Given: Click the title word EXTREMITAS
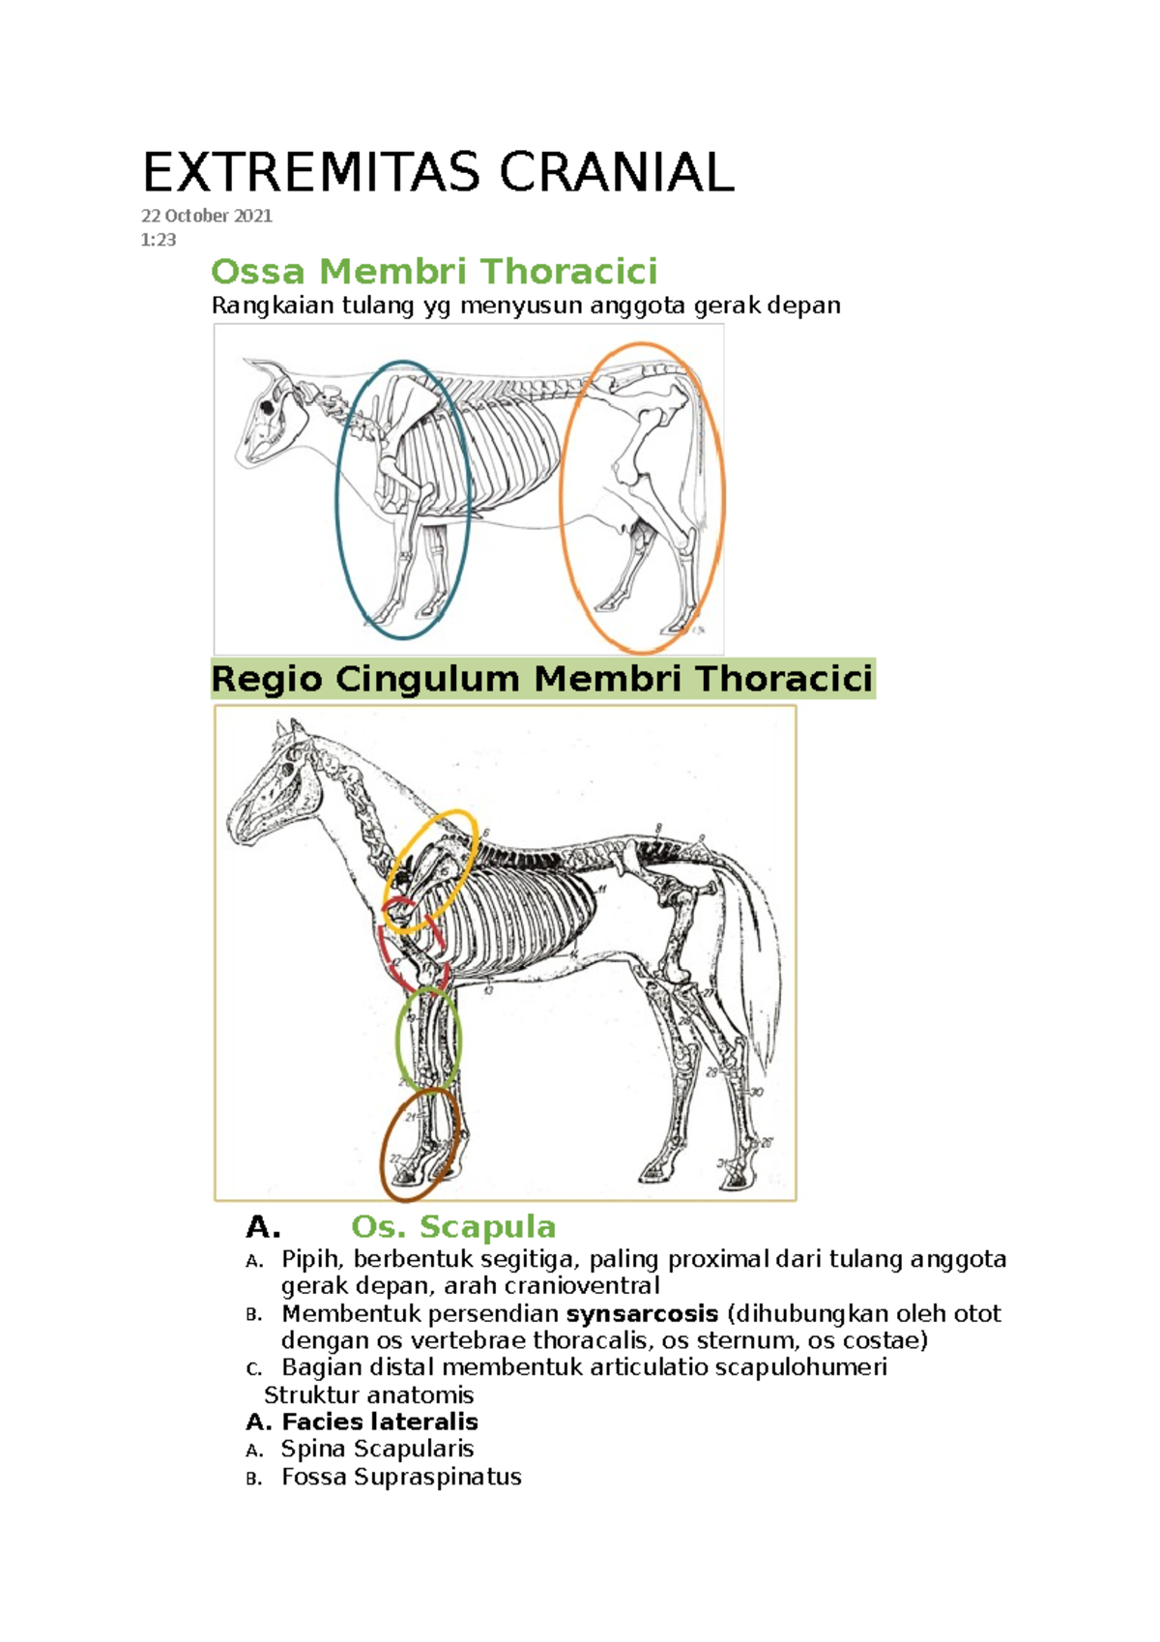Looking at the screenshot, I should point(310,173).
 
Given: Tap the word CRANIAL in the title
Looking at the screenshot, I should point(616,173).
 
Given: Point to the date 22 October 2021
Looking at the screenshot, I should point(207,216).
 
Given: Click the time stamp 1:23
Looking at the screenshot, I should point(159,240).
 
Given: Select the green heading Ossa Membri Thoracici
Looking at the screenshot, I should point(434,272).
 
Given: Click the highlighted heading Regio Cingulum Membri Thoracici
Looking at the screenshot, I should point(542,679).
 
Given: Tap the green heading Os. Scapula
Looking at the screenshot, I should point(453,1227).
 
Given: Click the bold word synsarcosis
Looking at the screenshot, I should point(642,1314).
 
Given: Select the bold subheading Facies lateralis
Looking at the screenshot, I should point(379,1422).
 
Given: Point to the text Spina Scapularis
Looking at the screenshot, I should point(377,1449).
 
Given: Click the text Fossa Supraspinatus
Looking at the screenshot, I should point(401,1477).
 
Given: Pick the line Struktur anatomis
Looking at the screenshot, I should point(368,1394).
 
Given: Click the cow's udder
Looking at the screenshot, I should point(638,529).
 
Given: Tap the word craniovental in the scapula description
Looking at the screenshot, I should point(582,1286).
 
